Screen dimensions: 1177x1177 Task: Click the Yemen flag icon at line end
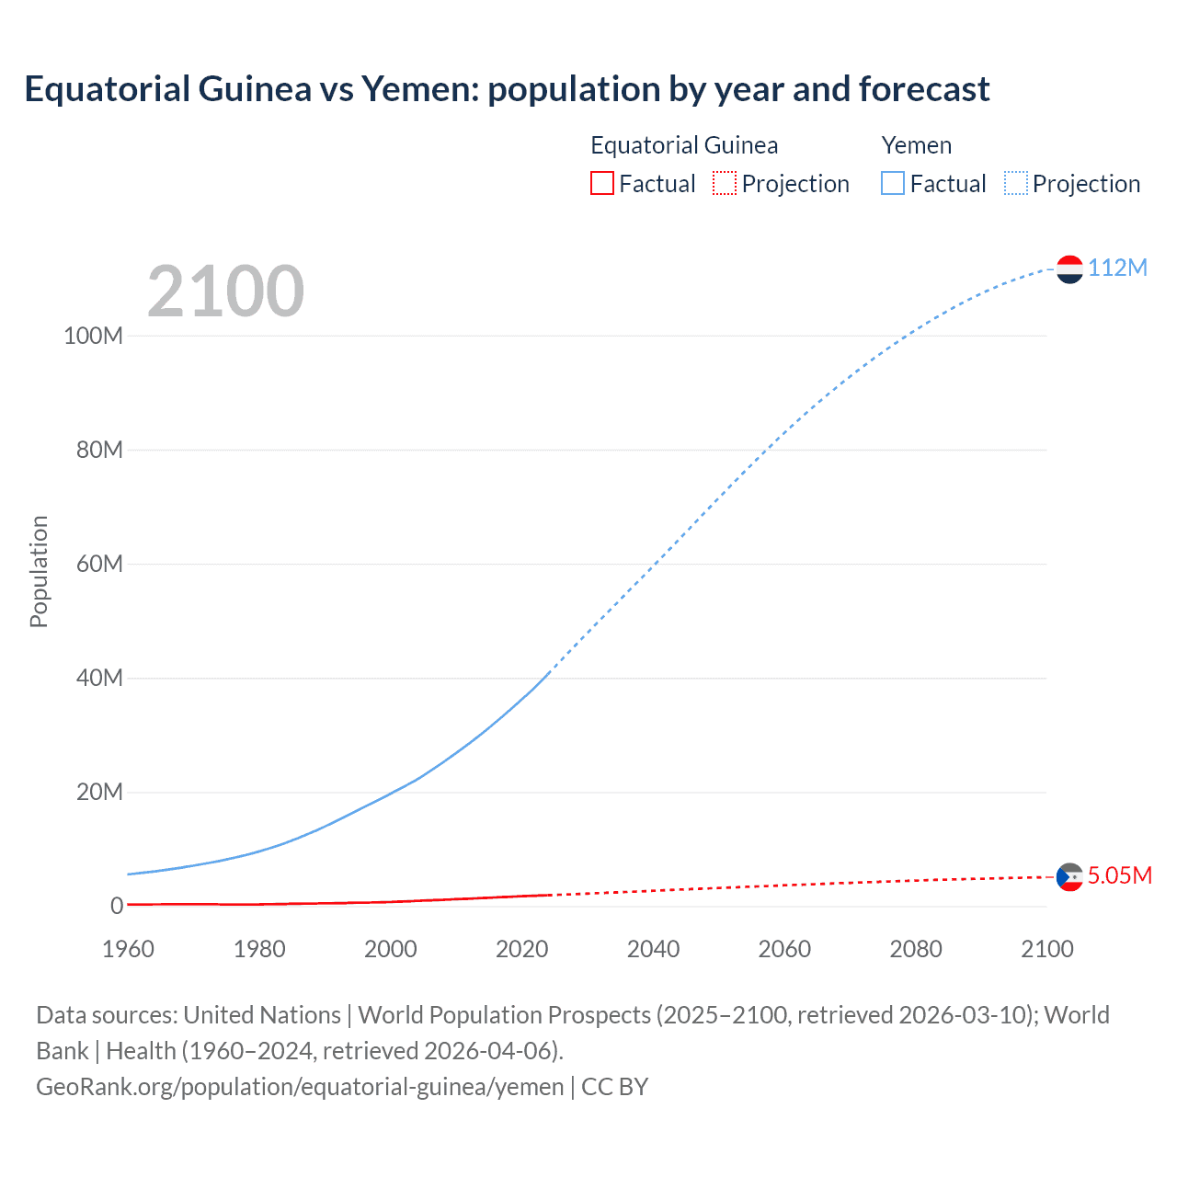click(x=1069, y=269)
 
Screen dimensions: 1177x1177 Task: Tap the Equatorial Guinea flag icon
click(x=1069, y=876)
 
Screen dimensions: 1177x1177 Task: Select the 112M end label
click(x=1117, y=268)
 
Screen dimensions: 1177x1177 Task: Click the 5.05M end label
click(x=1119, y=875)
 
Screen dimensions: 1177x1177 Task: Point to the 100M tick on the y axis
click(x=93, y=336)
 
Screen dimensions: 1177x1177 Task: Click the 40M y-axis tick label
click(x=99, y=678)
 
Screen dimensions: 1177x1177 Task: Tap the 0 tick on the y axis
click(x=116, y=906)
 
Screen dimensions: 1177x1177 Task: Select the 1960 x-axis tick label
click(x=128, y=949)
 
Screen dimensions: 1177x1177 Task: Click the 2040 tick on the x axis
click(x=653, y=949)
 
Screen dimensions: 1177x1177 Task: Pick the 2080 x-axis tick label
click(x=916, y=949)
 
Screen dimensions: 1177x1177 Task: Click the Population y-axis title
click(x=39, y=571)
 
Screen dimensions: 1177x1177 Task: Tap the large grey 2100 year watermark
click(x=225, y=291)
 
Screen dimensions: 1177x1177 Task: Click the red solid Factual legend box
click(x=601, y=183)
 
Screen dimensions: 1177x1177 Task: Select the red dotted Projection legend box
click(x=725, y=183)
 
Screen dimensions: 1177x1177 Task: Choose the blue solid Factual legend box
click(x=893, y=183)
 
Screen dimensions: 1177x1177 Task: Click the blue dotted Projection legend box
click(x=1015, y=183)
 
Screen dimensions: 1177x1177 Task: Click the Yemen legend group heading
click(x=916, y=145)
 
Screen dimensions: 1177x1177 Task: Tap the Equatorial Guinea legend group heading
click(x=684, y=145)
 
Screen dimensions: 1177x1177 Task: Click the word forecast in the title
click(x=924, y=89)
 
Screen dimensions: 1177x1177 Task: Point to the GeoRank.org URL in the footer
click(x=300, y=1087)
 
